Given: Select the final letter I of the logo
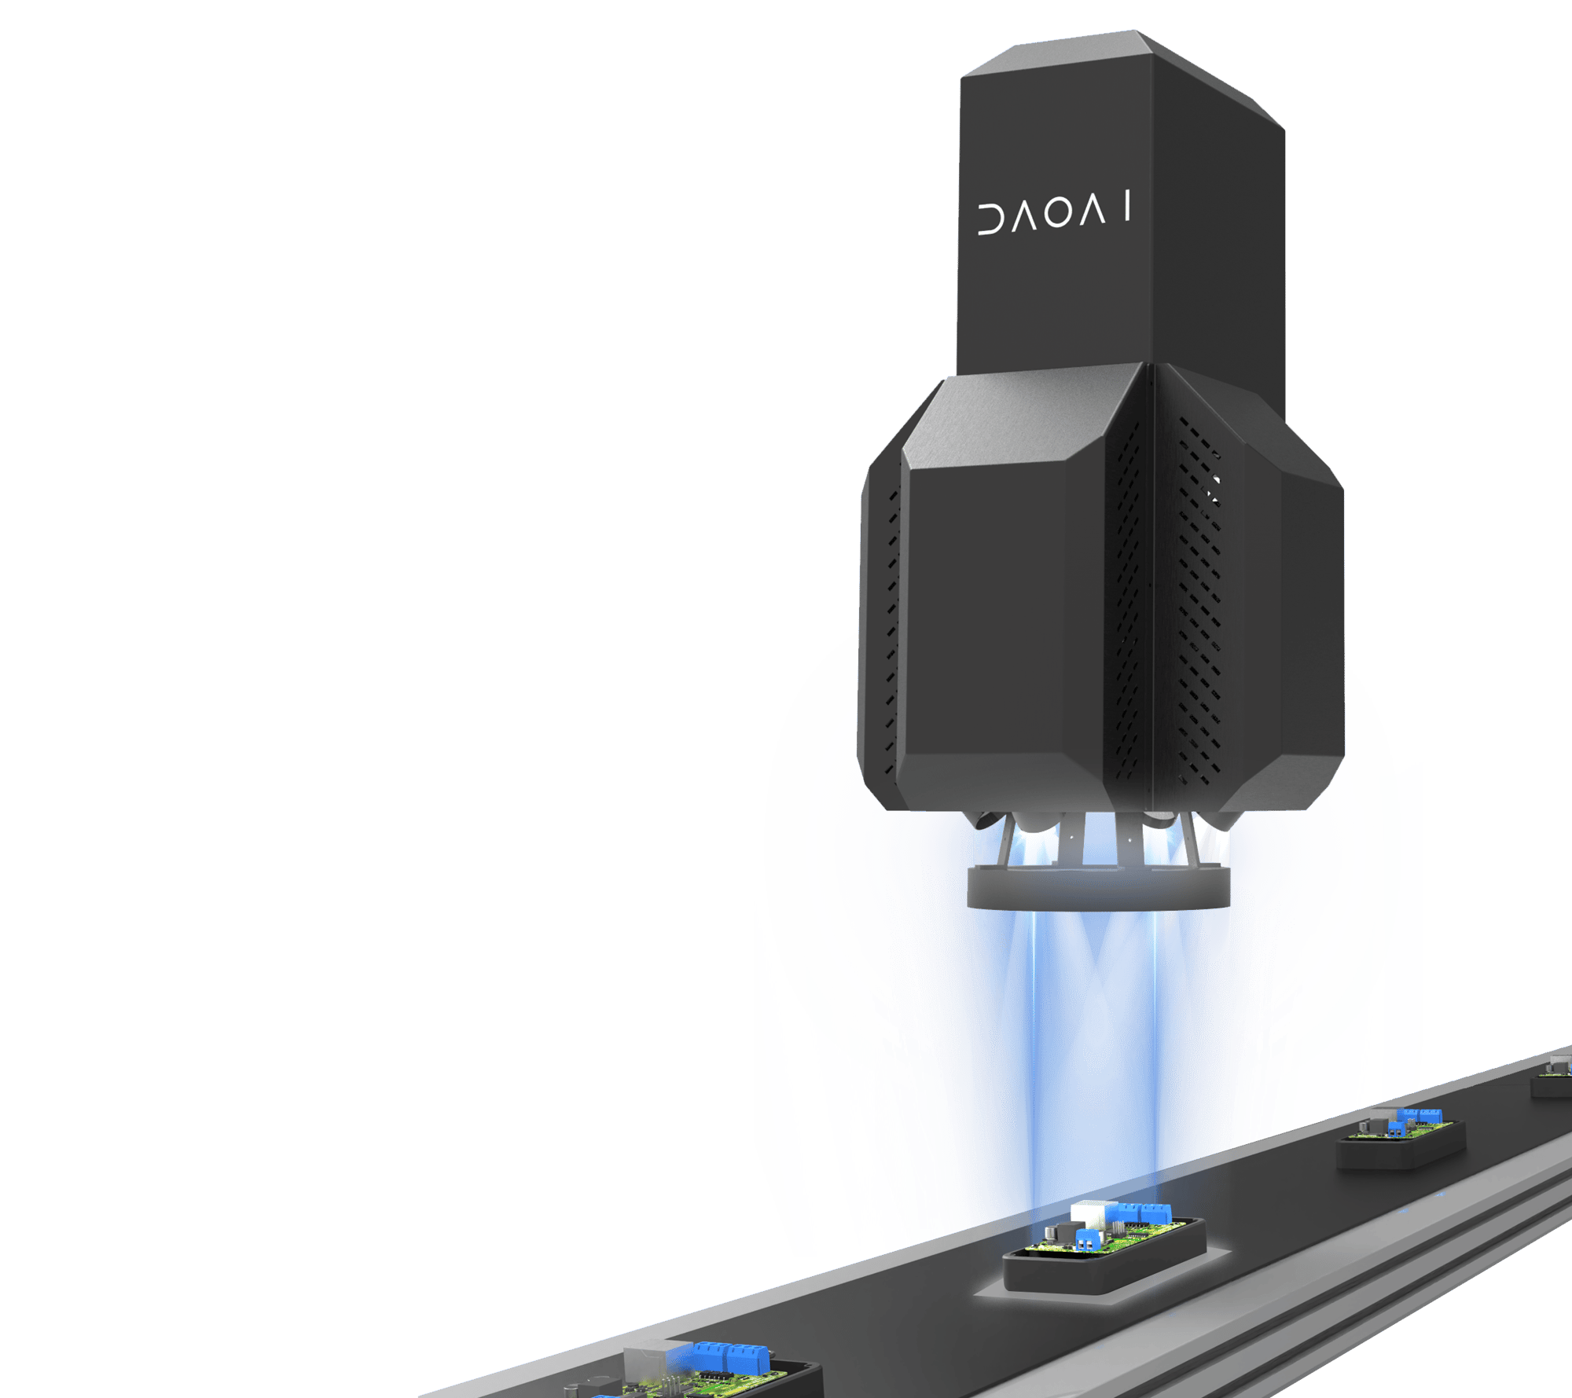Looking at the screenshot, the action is [x=1128, y=206].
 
